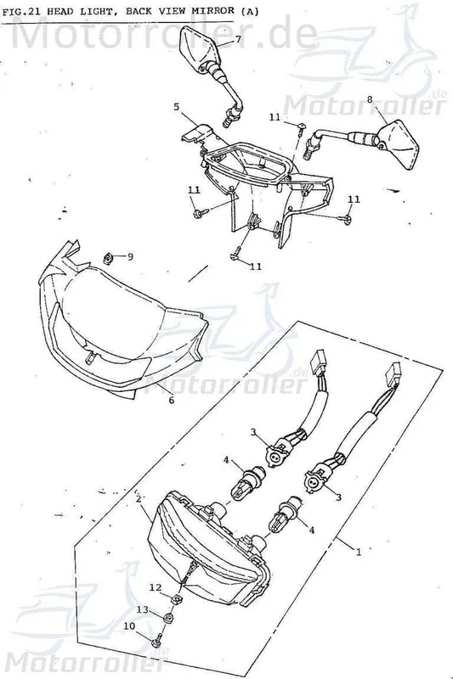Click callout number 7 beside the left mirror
tap(238, 39)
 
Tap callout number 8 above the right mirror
tap(370, 99)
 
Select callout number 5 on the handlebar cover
tap(177, 107)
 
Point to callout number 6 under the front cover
tap(171, 400)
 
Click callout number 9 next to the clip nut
tap(130, 257)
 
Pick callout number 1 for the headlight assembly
tap(358, 553)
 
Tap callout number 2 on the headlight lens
tap(139, 498)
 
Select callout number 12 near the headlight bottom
tap(156, 587)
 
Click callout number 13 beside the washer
tap(143, 609)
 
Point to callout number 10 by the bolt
tap(129, 626)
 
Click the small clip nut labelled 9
tap(109, 258)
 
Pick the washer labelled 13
tap(168, 617)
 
